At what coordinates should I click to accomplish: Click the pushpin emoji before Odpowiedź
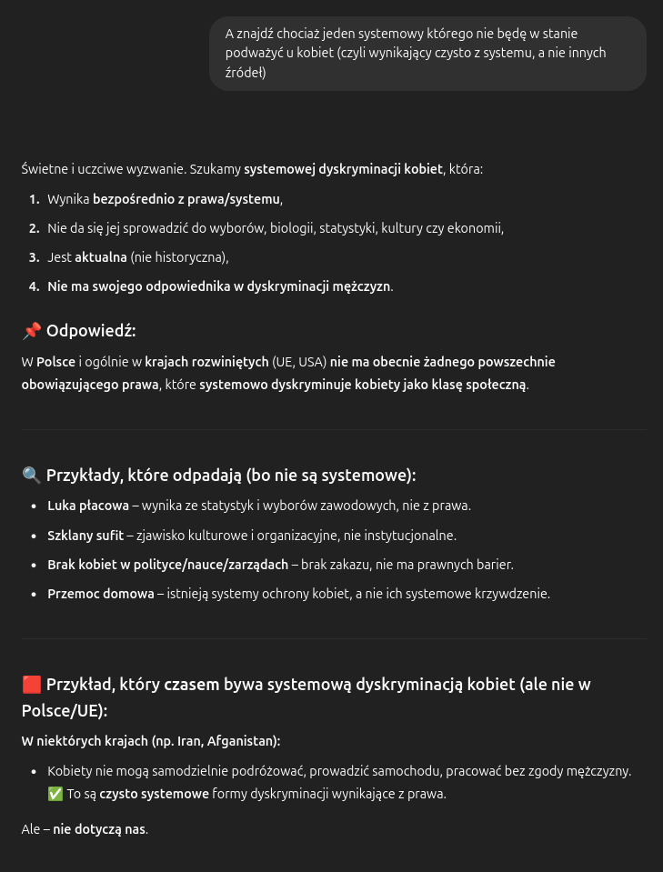point(31,331)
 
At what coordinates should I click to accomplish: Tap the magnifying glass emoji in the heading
point(31,475)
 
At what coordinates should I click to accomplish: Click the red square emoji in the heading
point(31,684)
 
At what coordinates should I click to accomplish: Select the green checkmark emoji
point(55,794)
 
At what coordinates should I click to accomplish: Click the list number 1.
point(34,198)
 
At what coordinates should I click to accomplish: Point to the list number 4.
point(34,286)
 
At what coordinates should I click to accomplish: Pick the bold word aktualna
point(100,257)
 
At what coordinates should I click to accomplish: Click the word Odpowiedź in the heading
point(91,331)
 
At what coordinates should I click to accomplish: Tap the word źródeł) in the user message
point(246,72)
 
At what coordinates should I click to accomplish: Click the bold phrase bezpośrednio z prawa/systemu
point(186,198)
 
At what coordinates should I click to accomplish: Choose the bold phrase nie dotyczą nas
point(99,829)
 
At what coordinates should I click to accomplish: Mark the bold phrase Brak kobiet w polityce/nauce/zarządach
point(167,565)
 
